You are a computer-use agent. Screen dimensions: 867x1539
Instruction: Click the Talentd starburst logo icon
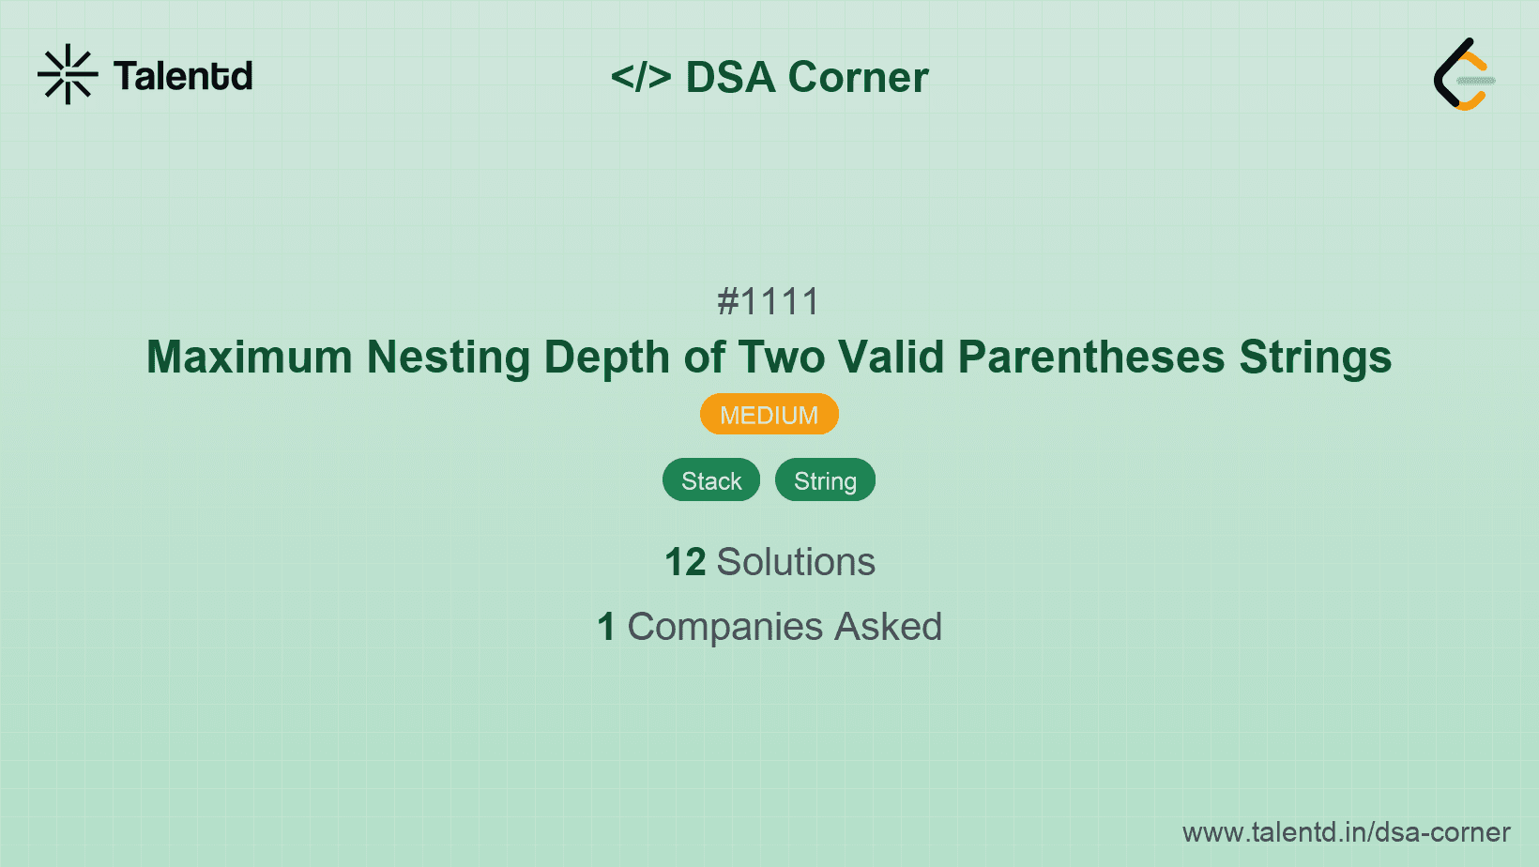pos(68,75)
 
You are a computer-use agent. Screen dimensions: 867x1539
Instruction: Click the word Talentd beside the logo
pos(183,76)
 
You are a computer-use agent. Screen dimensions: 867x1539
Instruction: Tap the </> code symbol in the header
pos(641,77)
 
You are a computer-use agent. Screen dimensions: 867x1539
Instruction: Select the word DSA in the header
pos(730,77)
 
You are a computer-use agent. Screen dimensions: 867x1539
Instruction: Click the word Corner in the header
pos(858,77)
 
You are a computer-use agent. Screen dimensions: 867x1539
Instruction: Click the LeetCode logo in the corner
pos(1463,75)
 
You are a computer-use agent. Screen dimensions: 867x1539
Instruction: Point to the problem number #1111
pos(769,302)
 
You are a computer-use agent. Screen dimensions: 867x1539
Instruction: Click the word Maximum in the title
pos(249,357)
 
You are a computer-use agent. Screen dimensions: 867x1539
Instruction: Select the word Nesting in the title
pos(449,357)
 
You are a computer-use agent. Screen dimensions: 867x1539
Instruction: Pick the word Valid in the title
pos(891,357)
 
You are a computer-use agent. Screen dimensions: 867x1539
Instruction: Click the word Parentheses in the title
pos(1090,357)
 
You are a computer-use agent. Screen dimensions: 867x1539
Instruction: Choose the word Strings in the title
pos(1315,357)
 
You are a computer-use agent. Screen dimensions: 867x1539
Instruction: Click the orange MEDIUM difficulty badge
pos(769,415)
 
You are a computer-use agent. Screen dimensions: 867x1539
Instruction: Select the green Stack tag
pos(711,480)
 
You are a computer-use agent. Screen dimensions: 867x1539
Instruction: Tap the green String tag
pos(825,480)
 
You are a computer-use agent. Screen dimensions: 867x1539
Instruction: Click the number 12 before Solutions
pos(685,562)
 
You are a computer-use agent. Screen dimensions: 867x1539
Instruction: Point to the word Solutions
pos(796,562)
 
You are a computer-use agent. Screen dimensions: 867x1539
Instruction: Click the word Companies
pos(724,627)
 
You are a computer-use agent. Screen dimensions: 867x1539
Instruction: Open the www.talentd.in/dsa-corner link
pos(1346,832)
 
